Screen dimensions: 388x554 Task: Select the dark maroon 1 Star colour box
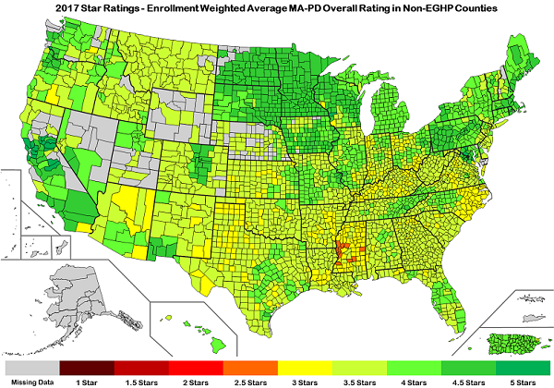[x=87, y=366]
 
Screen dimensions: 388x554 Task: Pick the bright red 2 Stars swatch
[x=196, y=366]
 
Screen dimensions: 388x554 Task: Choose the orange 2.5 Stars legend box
[x=250, y=366]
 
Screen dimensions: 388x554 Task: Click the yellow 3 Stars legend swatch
[x=305, y=366]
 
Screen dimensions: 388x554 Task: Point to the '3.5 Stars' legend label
[x=359, y=380]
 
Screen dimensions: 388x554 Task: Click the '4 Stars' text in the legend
[x=414, y=380]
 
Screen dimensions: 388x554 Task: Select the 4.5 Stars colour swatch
[x=468, y=366]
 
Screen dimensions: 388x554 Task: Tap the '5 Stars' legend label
[x=523, y=380]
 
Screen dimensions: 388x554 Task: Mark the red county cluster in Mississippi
[x=343, y=251]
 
